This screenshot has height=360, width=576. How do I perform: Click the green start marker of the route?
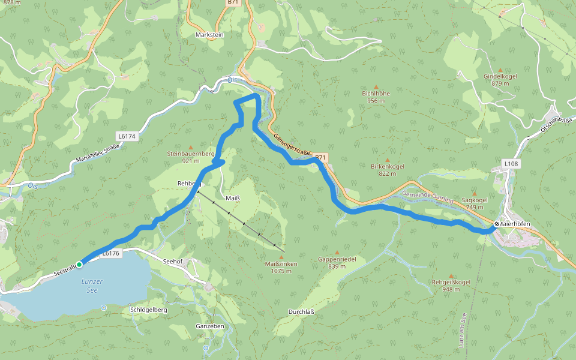[79, 264]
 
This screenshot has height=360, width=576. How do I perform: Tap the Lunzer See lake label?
[91, 286]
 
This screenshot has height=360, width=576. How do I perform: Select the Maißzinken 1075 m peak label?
[278, 267]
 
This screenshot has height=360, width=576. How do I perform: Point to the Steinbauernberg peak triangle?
[191, 147]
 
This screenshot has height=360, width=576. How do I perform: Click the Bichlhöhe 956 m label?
[376, 97]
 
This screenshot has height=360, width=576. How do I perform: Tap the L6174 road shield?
[127, 137]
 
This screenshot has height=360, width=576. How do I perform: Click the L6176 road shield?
[111, 254]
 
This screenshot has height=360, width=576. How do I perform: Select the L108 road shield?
[511, 163]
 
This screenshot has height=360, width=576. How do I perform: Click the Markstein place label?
[209, 35]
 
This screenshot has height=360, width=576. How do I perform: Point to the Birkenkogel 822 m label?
[388, 169]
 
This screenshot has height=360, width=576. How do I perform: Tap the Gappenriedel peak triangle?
[337, 253]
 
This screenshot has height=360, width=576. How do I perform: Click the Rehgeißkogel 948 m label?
[451, 285]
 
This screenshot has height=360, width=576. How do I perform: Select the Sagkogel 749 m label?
[474, 203]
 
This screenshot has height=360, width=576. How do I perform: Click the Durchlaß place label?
[301, 311]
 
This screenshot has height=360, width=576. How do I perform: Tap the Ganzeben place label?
[210, 326]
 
